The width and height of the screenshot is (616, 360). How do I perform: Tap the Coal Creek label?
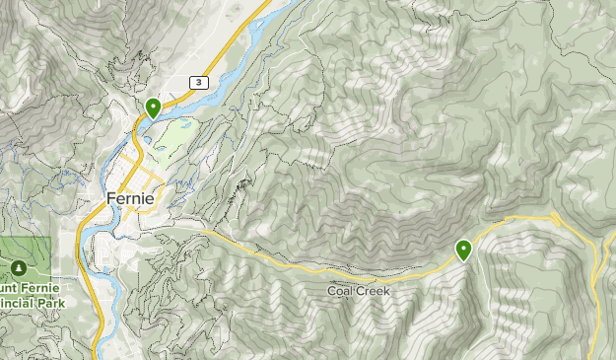click(x=358, y=292)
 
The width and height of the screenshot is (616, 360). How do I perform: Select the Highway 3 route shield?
click(x=200, y=83)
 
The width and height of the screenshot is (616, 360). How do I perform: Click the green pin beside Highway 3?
click(x=153, y=108)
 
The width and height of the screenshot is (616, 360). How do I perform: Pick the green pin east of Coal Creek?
click(x=463, y=251)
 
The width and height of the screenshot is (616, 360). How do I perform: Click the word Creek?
click(x=373, y=292)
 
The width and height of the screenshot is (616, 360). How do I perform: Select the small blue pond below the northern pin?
click(x=148, y=139)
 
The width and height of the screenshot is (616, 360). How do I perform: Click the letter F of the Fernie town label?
click(x=110, y=198)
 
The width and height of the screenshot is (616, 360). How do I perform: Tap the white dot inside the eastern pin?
click(x=463, y=248)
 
